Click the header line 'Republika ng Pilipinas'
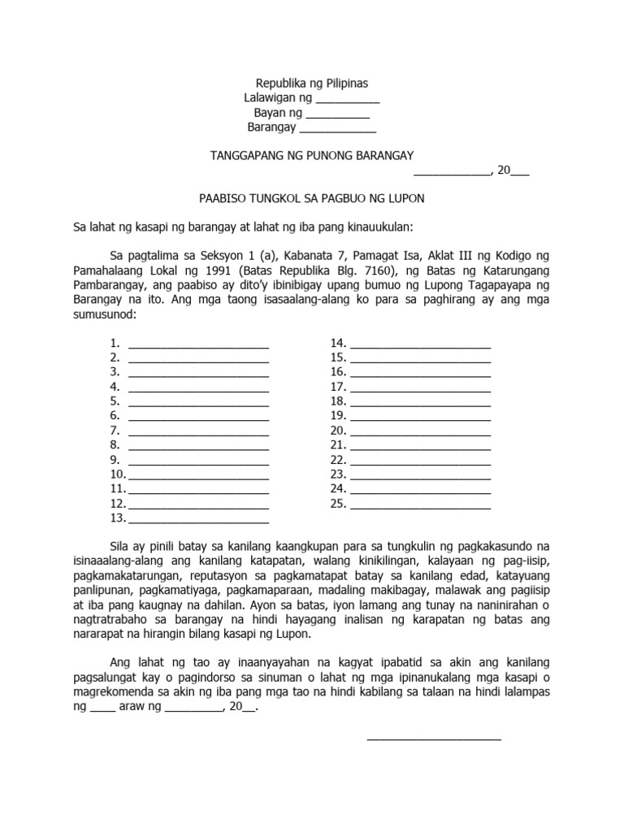click(311, 83)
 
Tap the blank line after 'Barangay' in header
click(338, 130)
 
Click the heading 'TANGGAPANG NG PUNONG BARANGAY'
click(312, 155)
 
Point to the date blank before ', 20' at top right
click(452, 172)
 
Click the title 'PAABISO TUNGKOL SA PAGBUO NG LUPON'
click(312, 197)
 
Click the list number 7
click(115, 431)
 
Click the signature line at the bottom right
click(434, 739)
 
